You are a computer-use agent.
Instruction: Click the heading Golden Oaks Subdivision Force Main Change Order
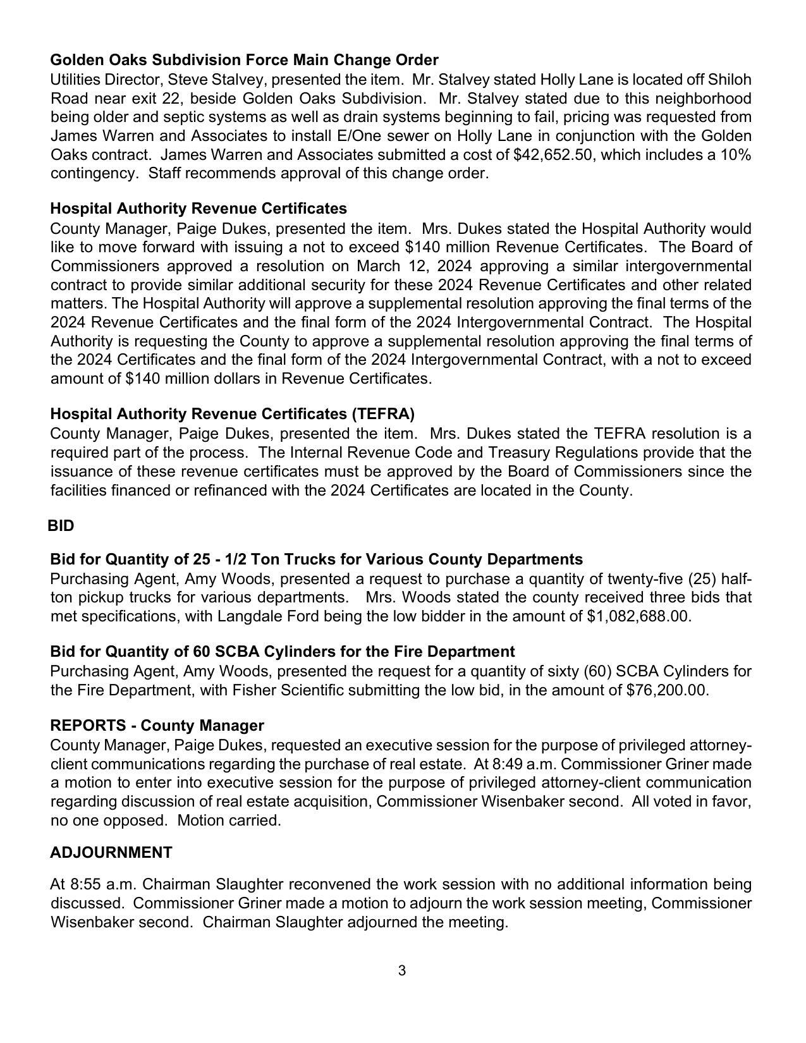(244, 60)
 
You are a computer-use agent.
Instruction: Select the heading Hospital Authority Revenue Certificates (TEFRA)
(232, 414)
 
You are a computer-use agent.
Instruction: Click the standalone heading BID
(61, 526)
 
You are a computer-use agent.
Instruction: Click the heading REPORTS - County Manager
(157, 725)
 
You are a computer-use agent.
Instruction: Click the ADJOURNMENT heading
(111, 853)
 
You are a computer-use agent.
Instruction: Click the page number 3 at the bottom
(402, 970)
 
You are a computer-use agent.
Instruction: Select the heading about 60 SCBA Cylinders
(282, 652)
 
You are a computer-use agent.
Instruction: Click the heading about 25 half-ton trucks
(316, 559)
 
